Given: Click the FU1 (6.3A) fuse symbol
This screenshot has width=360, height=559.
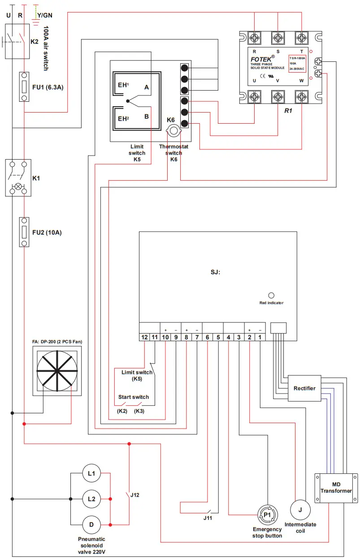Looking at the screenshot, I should pyautogui.click(x=24, y=87).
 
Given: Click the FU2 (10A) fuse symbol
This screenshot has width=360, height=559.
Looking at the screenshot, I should pyautogui.click(x=24, y=232).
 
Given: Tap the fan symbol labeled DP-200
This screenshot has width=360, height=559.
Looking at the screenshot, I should pyautogui.click(x=57, y=371).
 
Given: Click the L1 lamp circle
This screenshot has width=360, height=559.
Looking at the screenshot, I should pyautogui.click(x=91, y=473).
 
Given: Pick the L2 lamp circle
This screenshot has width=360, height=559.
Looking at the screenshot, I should pyautogui.click(x=91, y=498).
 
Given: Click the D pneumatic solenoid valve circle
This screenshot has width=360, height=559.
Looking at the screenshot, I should pyautogui.click(x=91, y=524).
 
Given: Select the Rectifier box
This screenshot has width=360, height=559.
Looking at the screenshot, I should pyautogui.click(x=304, y=388).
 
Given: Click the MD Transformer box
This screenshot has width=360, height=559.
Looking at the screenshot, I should pyautogui.click(x=336, y=488).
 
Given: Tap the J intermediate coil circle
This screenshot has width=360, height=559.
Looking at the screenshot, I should pyautogui.click(x=300, y=509).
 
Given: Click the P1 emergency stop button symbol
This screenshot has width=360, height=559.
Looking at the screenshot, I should pyautogui.click(x=267, y=515).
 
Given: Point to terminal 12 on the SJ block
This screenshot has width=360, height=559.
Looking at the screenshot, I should pyautogui.click(x=144, y=337).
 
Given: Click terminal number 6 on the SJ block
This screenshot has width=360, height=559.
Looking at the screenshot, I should pyautogui.click(x=208, y=337).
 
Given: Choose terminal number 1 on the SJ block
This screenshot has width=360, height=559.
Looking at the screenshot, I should pyautogui.click(x=260, y=337).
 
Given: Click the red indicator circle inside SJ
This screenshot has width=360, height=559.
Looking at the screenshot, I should pyautogui.click(x=271, y=295).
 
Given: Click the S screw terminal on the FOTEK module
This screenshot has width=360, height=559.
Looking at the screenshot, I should pyautogui.click(x=278, y=37).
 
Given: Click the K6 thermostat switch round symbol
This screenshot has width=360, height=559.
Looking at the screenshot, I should pyautogui.click(x=172, y=131).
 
